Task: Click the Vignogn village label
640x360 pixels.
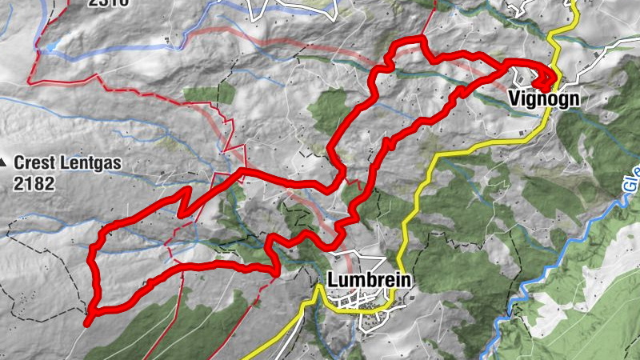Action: [542, 99]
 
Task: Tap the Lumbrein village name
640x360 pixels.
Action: [369, 281]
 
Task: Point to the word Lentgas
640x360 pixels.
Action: [90, 164]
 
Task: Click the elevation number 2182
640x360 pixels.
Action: [34, 183]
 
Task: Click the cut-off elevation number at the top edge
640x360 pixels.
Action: [108, 2]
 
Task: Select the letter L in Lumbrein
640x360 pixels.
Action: [332, 281]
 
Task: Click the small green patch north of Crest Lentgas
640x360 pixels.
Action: [210, 93]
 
